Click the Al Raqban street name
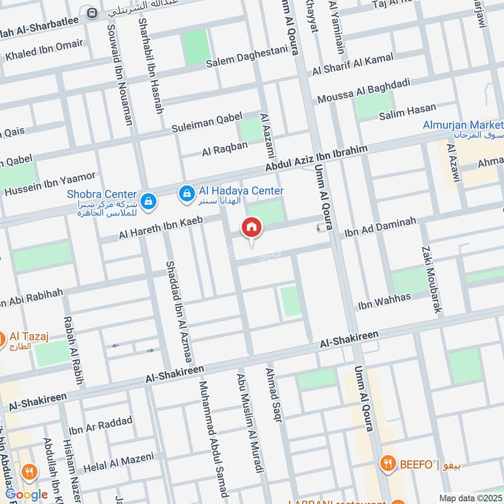(225, 149)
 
